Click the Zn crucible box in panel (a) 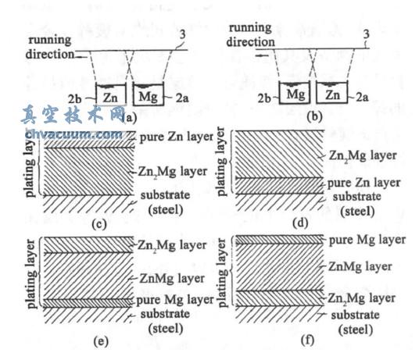(x=109, y=98)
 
